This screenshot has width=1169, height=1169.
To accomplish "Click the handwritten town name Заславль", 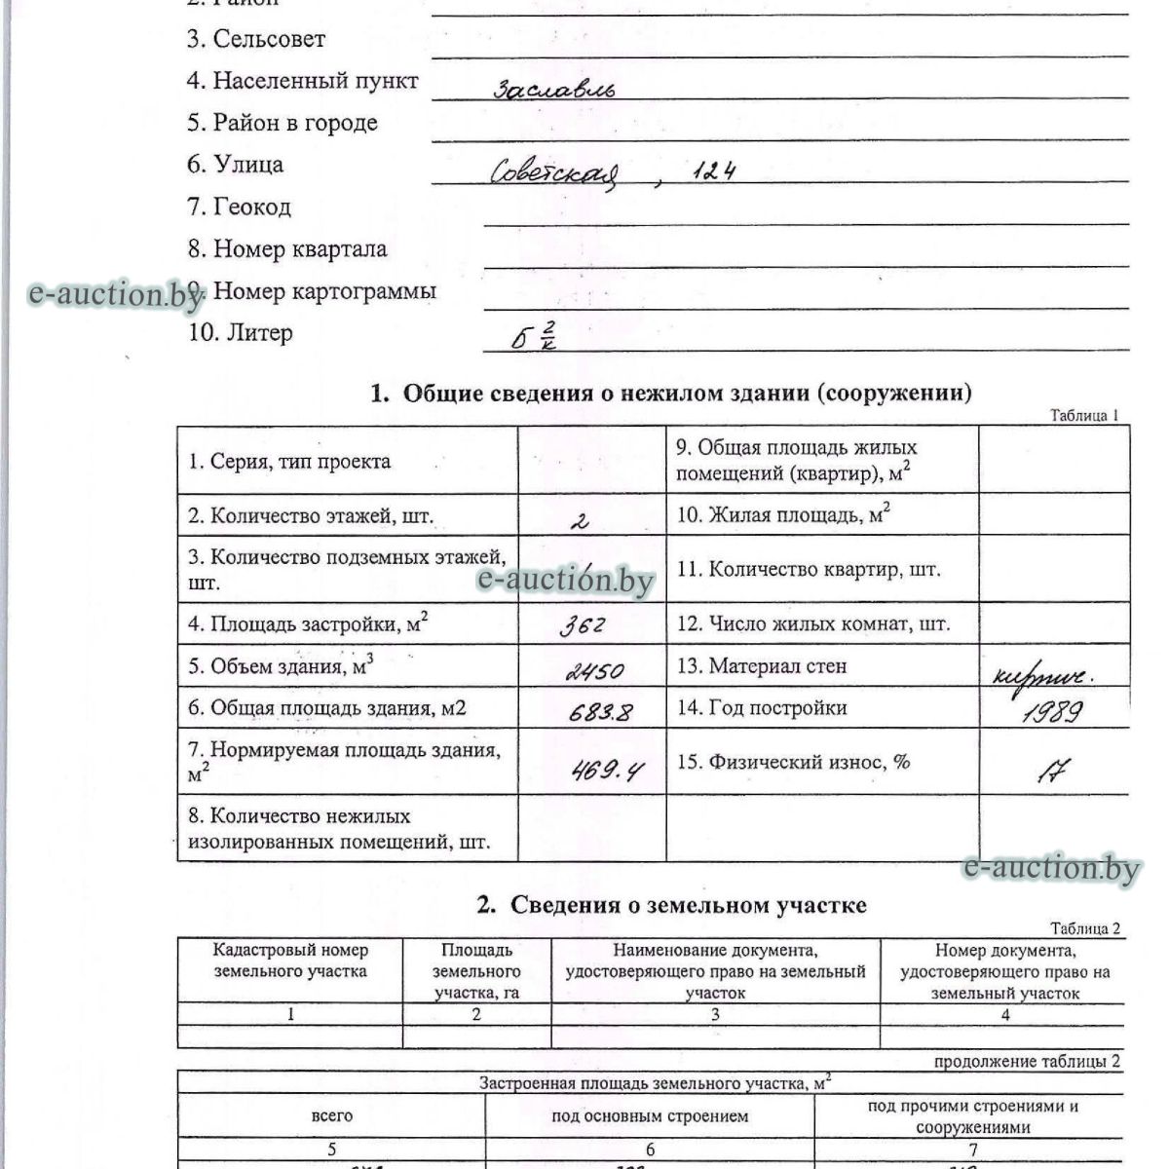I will [554, 90].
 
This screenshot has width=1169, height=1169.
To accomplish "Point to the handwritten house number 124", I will [715, 172].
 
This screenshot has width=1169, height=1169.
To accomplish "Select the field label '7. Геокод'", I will [239, 207].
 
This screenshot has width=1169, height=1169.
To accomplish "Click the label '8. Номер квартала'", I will [287, 249].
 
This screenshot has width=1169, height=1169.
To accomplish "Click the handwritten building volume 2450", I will [594, 670].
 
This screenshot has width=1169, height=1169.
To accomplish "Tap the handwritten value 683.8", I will [600, 713].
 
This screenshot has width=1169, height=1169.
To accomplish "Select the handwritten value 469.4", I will [606, 772].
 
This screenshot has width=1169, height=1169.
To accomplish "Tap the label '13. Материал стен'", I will [762, 666].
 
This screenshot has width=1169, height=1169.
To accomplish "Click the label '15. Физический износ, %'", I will [793, 762].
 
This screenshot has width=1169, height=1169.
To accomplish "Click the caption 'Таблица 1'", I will [1084, 416].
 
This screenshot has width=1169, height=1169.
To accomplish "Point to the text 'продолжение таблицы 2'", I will [1027, 1061].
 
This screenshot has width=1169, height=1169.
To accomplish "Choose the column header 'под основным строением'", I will [650, 1116].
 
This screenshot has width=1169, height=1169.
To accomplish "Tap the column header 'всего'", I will [332, 1116].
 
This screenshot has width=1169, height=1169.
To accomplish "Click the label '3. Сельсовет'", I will [256, 39].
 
